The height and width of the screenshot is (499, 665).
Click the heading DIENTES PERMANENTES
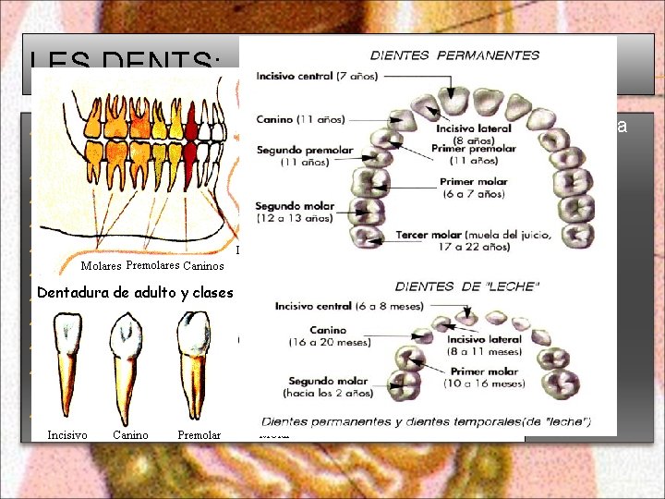coord(454,55)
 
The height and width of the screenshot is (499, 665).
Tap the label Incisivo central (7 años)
coord(317,76)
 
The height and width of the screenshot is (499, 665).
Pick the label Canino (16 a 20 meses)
coord(330,335)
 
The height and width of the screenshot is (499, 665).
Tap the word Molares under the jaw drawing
coord(101,267)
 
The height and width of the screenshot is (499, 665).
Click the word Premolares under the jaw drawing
coord(152,266)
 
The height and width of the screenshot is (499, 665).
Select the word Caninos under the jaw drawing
coord(203,267)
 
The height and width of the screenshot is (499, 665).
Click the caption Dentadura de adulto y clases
coord(135,293)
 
